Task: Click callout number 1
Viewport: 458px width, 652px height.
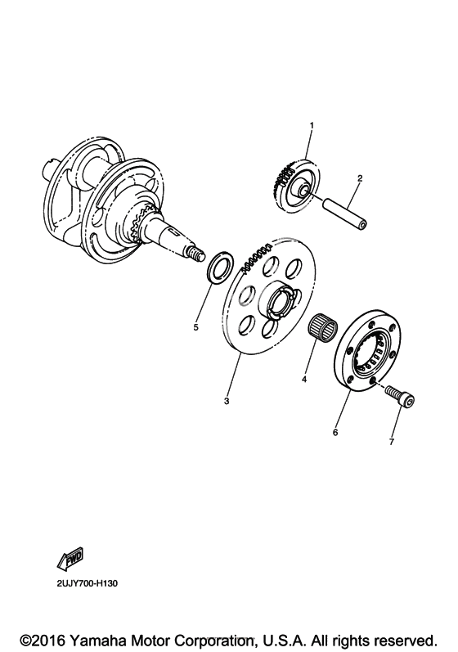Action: tap(312, 125)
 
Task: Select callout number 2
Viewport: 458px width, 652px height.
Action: tap(360, 178)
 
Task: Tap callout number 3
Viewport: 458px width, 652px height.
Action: tap(227, 402)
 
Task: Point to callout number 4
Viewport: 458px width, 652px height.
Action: tap(304, 380)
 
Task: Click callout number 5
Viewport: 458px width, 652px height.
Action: tap(195, 327)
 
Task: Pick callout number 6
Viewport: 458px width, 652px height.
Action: tap(335, 433)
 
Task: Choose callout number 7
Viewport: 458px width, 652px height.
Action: tap(391, 442)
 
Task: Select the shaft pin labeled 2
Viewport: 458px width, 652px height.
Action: tap(345, 214)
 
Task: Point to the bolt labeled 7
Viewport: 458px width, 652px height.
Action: tap(400, 395)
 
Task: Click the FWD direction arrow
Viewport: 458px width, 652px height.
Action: tap(70, 559)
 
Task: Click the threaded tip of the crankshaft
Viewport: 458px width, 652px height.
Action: tap(195, 253)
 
